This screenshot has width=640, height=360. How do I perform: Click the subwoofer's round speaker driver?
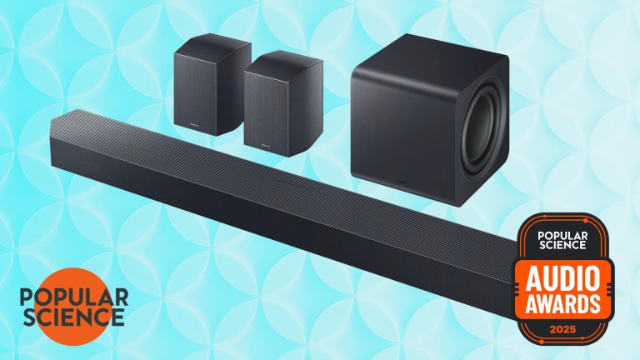(x=481, y=130)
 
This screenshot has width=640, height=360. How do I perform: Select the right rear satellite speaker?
(x=283, y=103)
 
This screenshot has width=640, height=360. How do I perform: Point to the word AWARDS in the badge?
(x=562, y=304)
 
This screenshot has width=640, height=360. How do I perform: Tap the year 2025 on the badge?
(x=562, y=329)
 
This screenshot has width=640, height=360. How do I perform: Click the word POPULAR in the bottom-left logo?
(x=74, y=297)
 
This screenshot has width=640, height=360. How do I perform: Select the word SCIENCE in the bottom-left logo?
(x=73, y=317)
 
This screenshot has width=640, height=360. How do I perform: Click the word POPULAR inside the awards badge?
(x=562, y=236)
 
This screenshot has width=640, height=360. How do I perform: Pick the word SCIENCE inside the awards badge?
(x=562, y=245)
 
